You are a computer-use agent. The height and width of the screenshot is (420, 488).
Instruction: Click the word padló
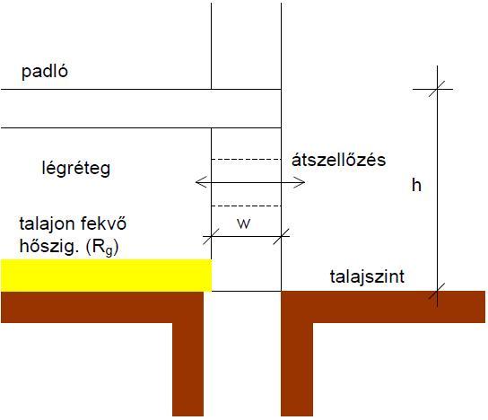point(45,72)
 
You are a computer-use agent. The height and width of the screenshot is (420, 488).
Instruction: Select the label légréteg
point(76,169)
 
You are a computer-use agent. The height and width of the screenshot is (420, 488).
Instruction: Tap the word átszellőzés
point(338,160)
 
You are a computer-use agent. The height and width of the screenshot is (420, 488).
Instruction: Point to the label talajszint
point(367,276)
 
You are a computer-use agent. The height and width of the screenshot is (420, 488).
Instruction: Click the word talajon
point(47,224)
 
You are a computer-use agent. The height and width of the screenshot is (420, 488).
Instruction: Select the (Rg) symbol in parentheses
point(101,248)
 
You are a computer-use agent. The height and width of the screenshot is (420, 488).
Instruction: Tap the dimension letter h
point(417,185)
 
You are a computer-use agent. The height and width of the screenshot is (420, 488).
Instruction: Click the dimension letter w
point(243,223)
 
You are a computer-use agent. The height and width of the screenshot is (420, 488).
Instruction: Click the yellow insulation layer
point(106,276)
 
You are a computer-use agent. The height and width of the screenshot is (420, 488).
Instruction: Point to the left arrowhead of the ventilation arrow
point(201,182)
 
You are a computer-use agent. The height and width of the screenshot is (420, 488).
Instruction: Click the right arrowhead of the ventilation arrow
point(299,182)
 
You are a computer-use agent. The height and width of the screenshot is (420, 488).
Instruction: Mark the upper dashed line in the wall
point(246,160)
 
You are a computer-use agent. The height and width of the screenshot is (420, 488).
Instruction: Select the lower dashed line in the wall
point(246,206)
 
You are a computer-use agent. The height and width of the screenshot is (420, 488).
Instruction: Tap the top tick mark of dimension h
point(437,89)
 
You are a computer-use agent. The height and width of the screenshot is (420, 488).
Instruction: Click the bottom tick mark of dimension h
point(437,292)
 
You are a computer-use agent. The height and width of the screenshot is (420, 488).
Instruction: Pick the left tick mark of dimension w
point(212,236)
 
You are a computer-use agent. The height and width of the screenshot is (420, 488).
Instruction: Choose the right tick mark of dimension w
point(282,236)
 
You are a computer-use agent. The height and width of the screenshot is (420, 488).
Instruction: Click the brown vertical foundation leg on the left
point(188,369)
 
